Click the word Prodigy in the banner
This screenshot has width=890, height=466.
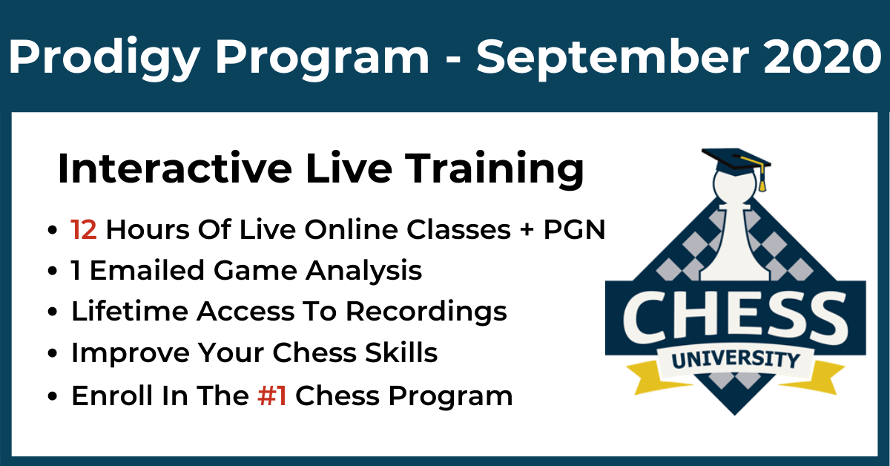[x=104, y=58]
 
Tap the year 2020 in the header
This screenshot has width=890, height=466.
[x=823, y=56]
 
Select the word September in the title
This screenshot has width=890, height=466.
[x=613, y=58]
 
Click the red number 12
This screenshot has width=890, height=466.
[x=84, y=229]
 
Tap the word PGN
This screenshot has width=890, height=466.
[x=574, y=229]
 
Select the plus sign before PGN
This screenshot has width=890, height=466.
[x=527, y=230]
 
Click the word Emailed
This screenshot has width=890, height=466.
[x=148, y=270]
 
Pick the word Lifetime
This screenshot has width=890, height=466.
[x=130, y=311]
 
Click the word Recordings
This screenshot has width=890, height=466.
[x=426, y=313]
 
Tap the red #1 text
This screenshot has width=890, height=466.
[x=272, y=396]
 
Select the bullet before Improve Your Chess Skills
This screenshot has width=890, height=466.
[x=53, y=353]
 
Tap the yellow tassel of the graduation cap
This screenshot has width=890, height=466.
[x=762, y=178]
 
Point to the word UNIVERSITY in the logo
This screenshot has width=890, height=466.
[x=736, y=360]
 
